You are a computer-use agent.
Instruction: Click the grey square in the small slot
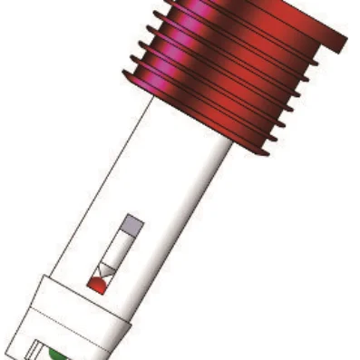coord(132,221)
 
